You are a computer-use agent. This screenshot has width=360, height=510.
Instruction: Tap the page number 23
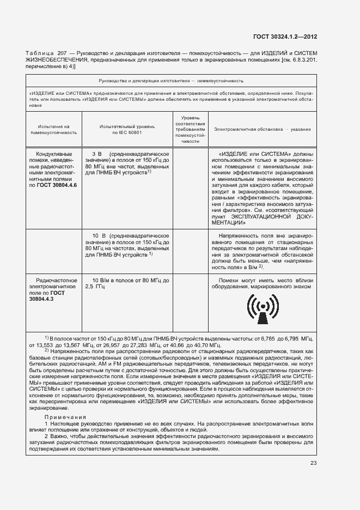pos(313,463)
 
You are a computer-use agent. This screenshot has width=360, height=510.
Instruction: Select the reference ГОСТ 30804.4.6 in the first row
pos(57,185)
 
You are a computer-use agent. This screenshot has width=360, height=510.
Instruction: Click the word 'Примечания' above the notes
pos(63,416)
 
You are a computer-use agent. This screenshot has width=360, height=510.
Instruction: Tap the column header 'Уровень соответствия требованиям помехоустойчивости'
pos(191,129)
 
